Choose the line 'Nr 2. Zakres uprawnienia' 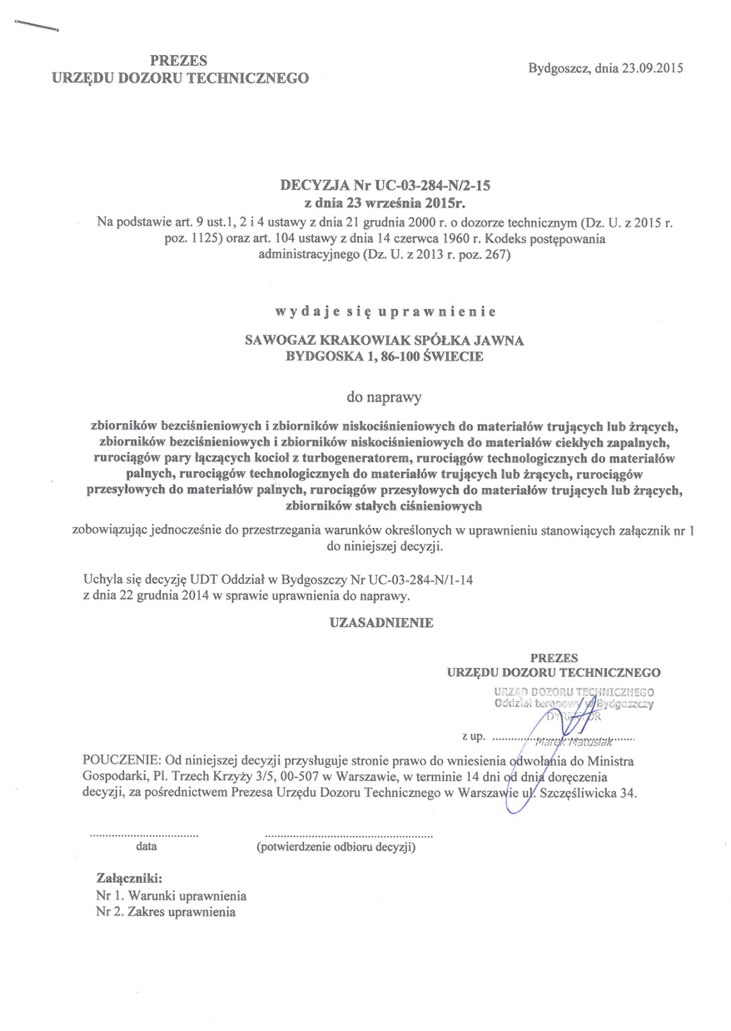tap(167, 912)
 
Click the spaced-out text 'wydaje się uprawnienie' tap(385, 312)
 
